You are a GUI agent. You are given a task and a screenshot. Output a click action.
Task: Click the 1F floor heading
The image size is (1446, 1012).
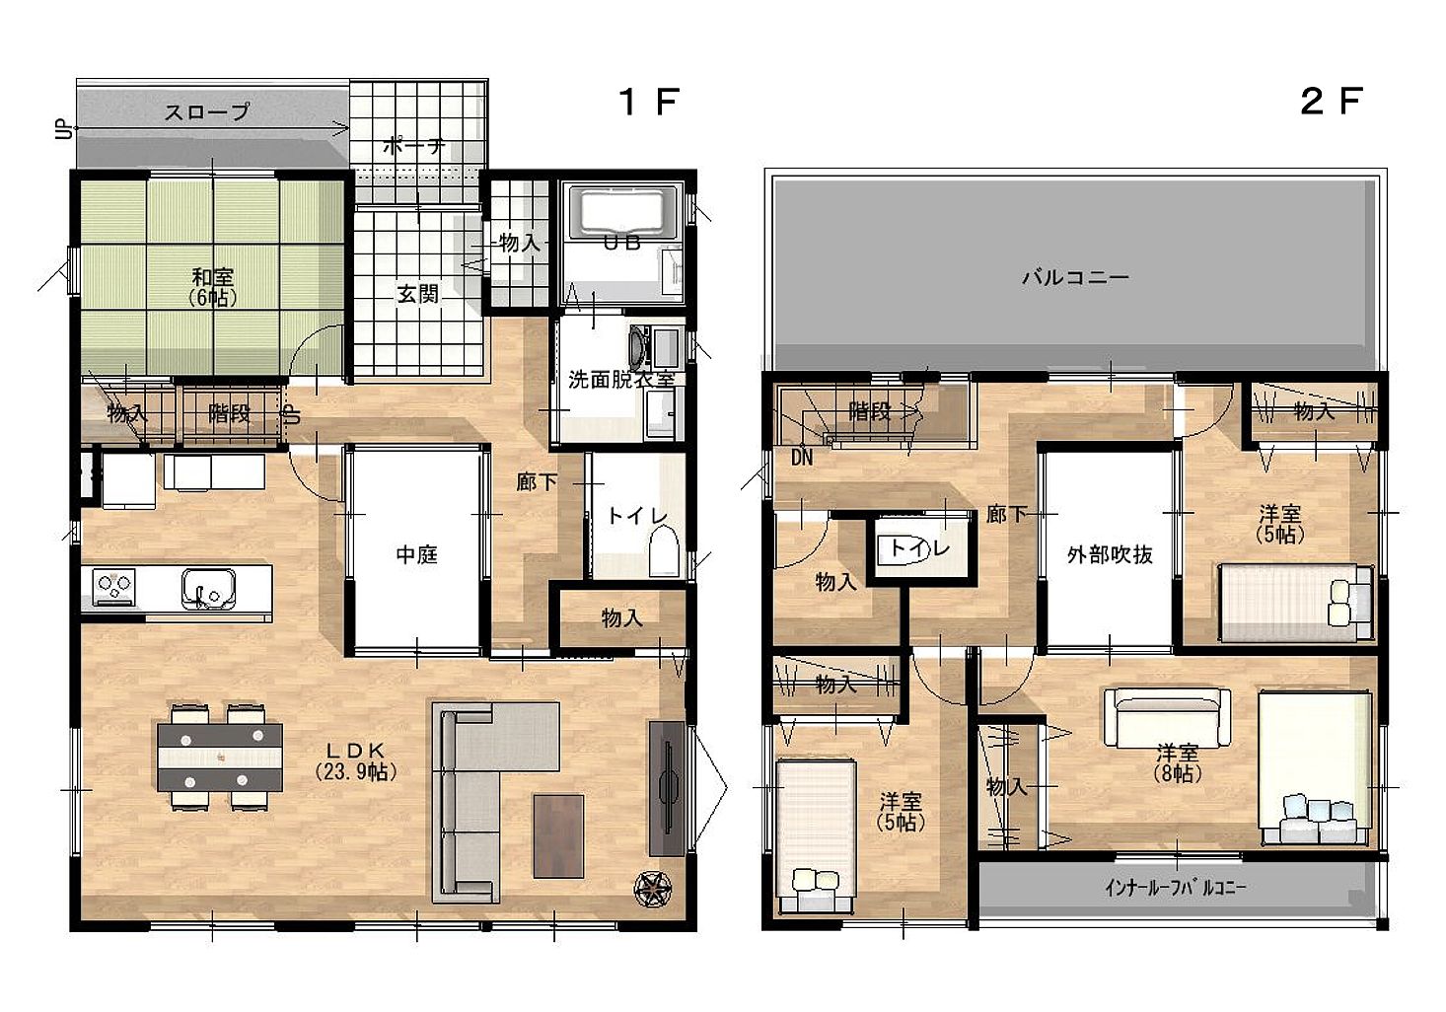649,102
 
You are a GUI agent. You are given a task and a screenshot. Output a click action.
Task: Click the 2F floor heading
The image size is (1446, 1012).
1332,102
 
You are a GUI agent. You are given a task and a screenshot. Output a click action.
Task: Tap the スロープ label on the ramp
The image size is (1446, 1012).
206,112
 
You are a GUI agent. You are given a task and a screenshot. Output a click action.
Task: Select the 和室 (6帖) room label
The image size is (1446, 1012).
212,287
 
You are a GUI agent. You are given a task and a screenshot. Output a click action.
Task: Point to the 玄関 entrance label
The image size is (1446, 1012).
417,294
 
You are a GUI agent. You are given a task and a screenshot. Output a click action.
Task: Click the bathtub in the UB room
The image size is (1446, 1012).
622,212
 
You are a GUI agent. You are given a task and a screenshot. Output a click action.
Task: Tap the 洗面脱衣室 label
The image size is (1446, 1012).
621,380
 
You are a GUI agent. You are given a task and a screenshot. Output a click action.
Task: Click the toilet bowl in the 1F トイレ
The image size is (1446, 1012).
664,550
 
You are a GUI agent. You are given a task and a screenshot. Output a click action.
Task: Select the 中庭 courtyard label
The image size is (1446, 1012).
416,554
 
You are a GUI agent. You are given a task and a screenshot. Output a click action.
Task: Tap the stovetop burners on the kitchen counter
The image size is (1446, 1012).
114,586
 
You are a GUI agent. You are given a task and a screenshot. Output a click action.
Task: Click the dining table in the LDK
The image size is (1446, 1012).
220,758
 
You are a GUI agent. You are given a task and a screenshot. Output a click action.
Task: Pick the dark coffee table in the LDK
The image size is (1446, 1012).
559,835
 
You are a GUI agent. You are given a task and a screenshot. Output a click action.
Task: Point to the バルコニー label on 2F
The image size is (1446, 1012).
1075,277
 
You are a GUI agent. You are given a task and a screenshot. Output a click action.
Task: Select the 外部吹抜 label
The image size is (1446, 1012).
1110,554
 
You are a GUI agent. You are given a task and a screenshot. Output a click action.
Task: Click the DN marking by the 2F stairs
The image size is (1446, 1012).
802,458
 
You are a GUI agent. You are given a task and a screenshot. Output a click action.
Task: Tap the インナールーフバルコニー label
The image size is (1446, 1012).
1175,888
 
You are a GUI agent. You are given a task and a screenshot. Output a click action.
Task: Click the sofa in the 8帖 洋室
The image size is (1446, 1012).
1167,718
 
